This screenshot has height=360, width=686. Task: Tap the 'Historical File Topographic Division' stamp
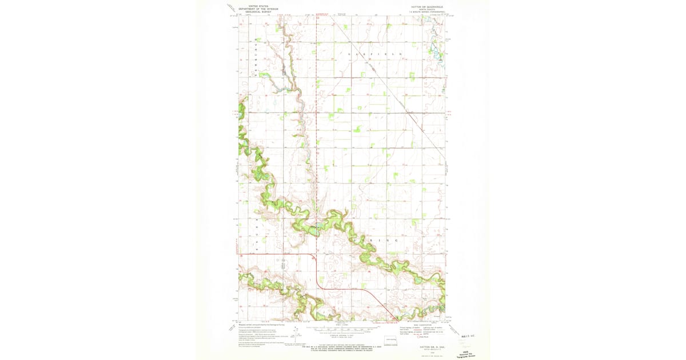469,354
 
